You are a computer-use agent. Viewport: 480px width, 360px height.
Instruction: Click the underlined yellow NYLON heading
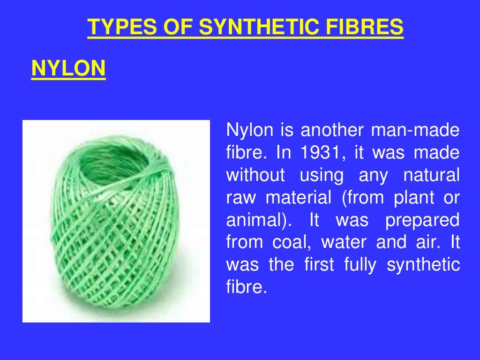(x=68, y=69)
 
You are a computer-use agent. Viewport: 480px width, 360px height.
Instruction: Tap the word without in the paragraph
(x=255, y=175)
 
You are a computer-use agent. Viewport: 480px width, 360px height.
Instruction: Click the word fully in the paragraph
(x=360, y=265)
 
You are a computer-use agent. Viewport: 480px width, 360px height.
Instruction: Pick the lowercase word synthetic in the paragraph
(x=424, y=265)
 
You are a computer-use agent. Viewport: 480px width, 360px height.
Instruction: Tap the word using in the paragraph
(x=322, y=175)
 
